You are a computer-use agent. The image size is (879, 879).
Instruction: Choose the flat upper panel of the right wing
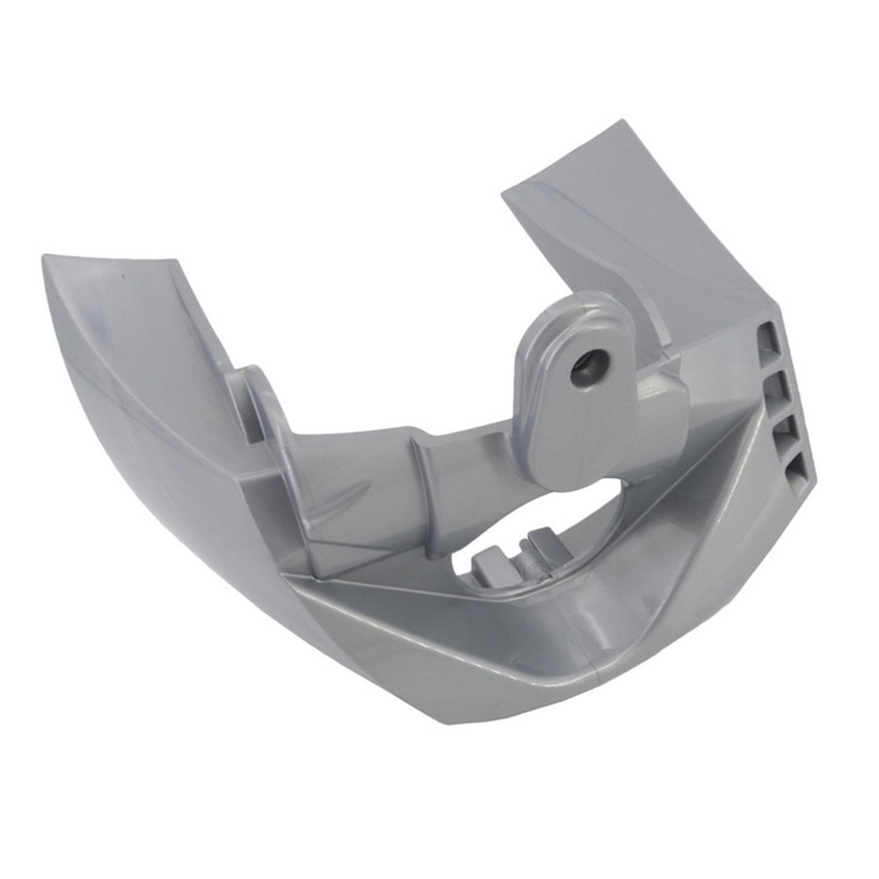tap(615, 220)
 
